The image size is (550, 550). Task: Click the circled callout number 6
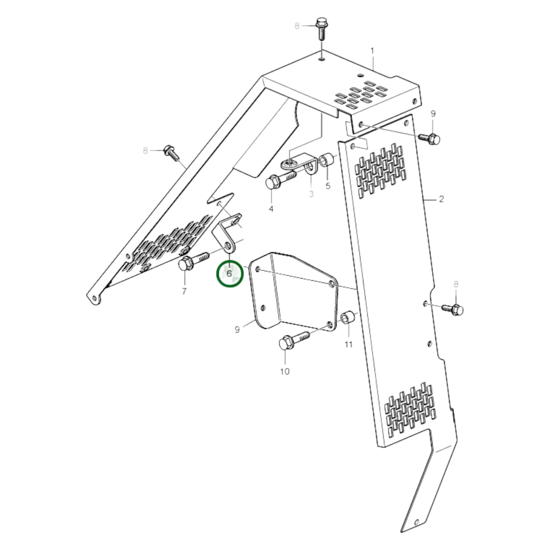point(229,273)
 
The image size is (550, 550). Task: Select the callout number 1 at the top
point(372,51)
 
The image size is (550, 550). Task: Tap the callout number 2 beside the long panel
point(441,199)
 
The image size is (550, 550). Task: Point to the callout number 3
point(311,194)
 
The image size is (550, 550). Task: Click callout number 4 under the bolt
point(271,209)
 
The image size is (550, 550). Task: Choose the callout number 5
point(328,186)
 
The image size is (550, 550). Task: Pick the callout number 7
point(184,292)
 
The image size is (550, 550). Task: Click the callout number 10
point(285,371)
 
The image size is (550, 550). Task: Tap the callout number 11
point(349,344)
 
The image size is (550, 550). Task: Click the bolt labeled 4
point(281,179)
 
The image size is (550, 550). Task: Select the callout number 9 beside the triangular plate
point(237,329)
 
